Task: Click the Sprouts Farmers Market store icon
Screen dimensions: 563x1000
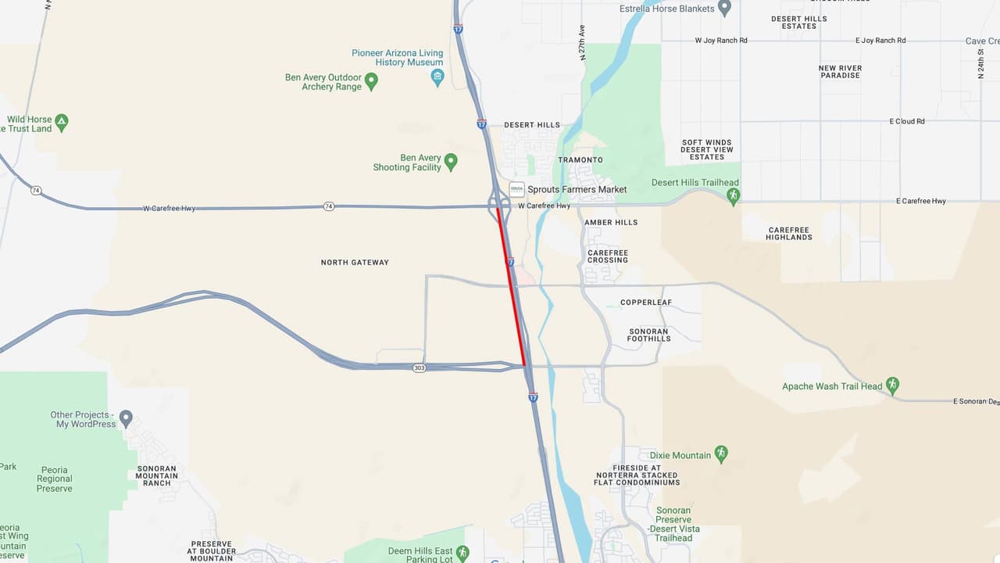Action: tap(516, 189)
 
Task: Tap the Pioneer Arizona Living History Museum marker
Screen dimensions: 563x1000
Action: tap(437, 77)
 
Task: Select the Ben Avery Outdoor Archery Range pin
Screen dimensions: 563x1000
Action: tap(372, 81)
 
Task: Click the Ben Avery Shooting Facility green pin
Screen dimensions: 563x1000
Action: tap(450, 162)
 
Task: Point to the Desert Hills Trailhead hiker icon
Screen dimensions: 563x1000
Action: tap(733, 195)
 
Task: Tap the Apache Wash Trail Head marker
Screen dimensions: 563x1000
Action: tap(892, 385)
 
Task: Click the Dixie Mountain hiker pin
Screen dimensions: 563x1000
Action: tap(721, 454)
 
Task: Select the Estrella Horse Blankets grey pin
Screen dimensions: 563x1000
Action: tap(724, 8)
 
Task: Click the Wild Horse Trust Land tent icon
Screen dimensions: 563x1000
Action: tap(62, 123)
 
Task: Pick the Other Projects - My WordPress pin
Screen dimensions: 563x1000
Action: tap(126, 418)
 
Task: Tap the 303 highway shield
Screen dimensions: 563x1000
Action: tap(420, 368)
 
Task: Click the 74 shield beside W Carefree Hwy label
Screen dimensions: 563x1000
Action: tap(329, 206)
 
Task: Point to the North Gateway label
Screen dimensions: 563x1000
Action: tap(355, 263)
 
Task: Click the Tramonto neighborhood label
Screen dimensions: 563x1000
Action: tap(580, 160)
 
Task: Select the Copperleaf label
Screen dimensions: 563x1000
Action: tap(646, 303)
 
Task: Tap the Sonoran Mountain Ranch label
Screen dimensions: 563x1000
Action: tap(157, 475)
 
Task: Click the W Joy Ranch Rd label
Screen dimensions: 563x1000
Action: tap(721, 41)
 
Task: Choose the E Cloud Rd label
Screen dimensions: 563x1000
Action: tap(907, 121)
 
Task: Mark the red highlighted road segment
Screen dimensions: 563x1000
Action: tap(511, 286)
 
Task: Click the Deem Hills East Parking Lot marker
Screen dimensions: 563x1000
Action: tap(462, 553)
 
